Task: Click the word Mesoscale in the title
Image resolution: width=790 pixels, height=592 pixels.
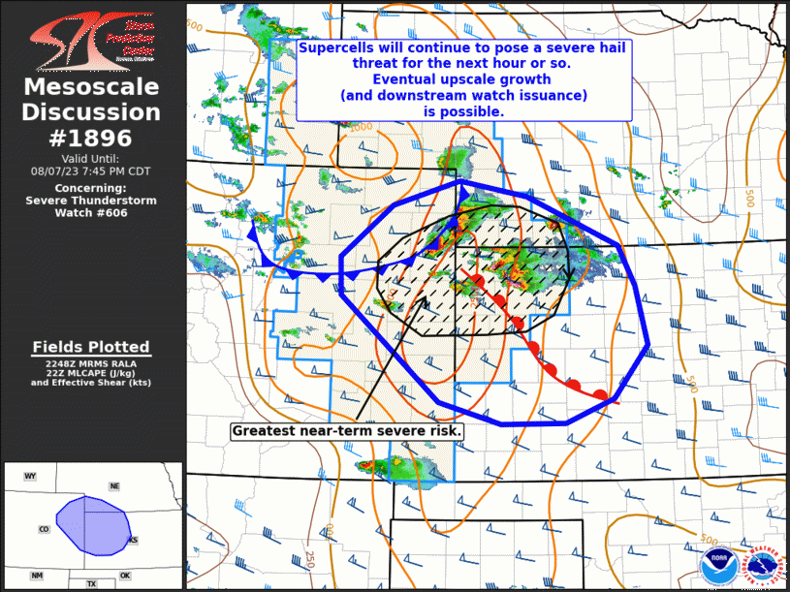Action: coord(91,88)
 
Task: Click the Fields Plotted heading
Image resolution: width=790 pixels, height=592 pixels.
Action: coord(91,347)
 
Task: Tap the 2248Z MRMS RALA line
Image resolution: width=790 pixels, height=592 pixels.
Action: coord(91,364)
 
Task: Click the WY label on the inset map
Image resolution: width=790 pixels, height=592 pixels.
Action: coord(30,476)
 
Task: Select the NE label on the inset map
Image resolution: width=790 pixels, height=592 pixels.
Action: coord(114,485)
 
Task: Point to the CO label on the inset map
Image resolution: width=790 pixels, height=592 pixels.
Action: coord(44,529)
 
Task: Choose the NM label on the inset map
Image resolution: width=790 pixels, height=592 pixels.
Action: coord(37,576)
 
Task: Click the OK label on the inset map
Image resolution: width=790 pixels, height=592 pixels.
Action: coord(125,576)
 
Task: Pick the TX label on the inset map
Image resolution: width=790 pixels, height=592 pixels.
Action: coord(91,584)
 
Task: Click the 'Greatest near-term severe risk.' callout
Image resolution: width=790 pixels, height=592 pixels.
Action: coord(347,430)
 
